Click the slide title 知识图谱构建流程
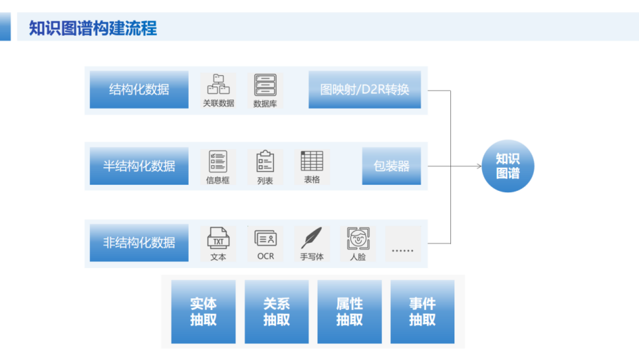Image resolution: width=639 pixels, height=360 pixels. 93,28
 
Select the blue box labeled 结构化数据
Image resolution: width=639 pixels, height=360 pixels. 139,89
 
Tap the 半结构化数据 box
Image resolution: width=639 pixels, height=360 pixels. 139,166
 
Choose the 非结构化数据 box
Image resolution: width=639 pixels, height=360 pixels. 139,242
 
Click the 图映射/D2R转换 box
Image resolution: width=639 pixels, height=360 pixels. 364,89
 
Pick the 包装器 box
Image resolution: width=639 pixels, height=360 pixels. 391,166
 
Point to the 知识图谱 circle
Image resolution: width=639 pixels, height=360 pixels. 508,166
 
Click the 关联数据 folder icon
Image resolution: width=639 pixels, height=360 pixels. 218,85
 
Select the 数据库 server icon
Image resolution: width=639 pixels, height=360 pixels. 265,85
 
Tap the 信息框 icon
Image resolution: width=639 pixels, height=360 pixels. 218,161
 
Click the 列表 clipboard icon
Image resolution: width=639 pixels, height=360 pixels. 265,161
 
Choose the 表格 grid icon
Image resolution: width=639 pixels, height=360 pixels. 312,160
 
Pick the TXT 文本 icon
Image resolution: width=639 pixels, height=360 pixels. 218,238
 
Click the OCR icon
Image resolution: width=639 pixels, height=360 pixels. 265,238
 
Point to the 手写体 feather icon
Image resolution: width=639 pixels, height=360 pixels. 312,238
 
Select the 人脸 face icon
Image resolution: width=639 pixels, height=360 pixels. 358,238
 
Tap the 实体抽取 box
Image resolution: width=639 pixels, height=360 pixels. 203,311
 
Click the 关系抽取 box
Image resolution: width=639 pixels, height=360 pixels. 276,311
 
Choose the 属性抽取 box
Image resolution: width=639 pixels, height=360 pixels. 349,311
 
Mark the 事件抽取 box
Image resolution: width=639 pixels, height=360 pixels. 422,311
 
